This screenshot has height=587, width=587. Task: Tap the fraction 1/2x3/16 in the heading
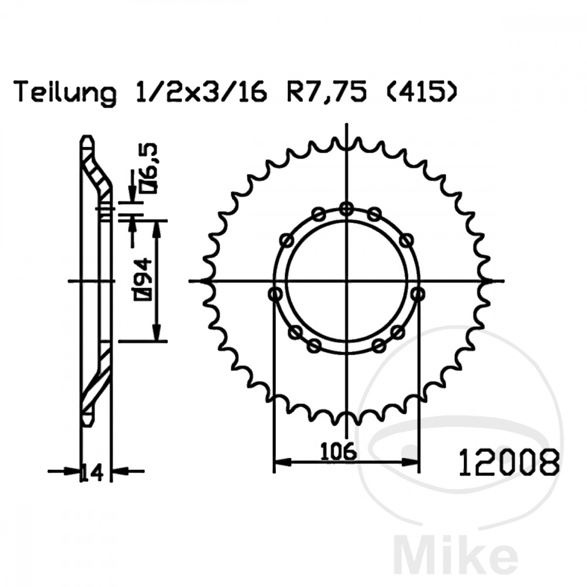pyautogui.click(x=200, y=92)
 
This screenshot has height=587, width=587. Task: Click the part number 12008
pyautogui.click(x=510, y=463)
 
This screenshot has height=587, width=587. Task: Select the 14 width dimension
pyautogui.click(x=92, y=473)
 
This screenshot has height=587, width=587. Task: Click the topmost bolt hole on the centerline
pyautogui.click(x=347, y=209)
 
